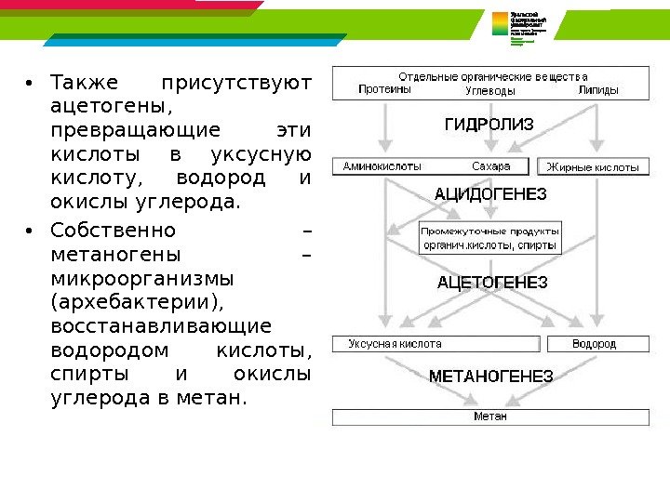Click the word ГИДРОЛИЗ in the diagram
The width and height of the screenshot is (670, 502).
pyautogui.click(x=488, y=125)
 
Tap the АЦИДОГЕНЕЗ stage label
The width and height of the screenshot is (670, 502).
pyautogui.click(x=491, y=194)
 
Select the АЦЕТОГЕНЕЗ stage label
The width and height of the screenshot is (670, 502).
pyautogui.click(x=492, y=281)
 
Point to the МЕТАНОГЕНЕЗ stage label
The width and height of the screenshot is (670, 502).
pyautogui.click(x=490, y=376)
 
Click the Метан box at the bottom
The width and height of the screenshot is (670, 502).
pyautogui.click(x=490, y=416)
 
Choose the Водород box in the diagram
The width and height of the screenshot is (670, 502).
pyautogui.click(x=594, y=344)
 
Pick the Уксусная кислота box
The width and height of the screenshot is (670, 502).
pyautogui.click(x=437, y=344)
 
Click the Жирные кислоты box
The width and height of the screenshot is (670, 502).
pyautogui.click(x=593, y=167)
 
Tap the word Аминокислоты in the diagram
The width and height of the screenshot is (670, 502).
pyautogui.click(x=382, y=167)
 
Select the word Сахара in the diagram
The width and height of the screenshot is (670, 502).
pyautogui.click(x=490, y=167)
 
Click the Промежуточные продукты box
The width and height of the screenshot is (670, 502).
pyautogui.click(x=489, y=239)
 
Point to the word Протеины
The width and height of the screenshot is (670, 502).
pyautogui.click(x=384, y=91)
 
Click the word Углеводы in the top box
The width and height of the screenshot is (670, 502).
pyautogui.click(x=489, y=91)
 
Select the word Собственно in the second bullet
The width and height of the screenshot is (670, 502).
pyautogui.click(x=112, y=230)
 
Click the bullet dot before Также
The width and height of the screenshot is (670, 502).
pyautogui.click(x=30, y=85)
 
